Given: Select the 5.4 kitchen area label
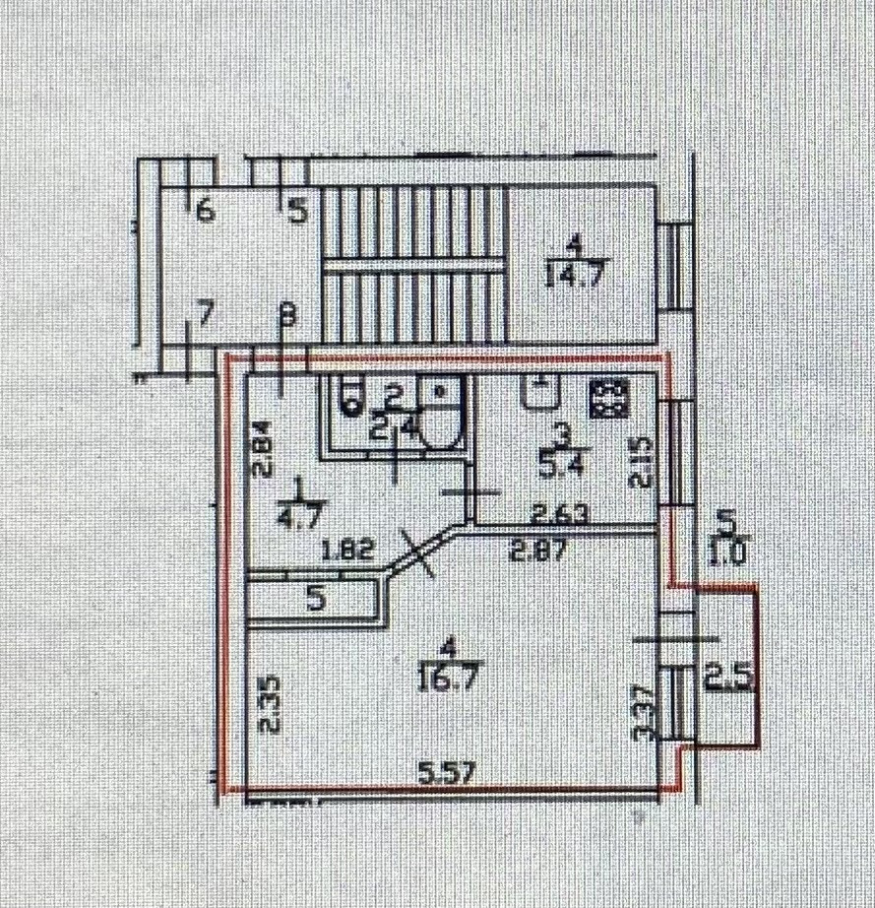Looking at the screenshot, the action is click(x=559, y=464).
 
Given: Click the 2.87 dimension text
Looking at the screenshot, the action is click(x=536, y=551).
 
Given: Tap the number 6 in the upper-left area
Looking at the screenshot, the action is click(x=205, y=210).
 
